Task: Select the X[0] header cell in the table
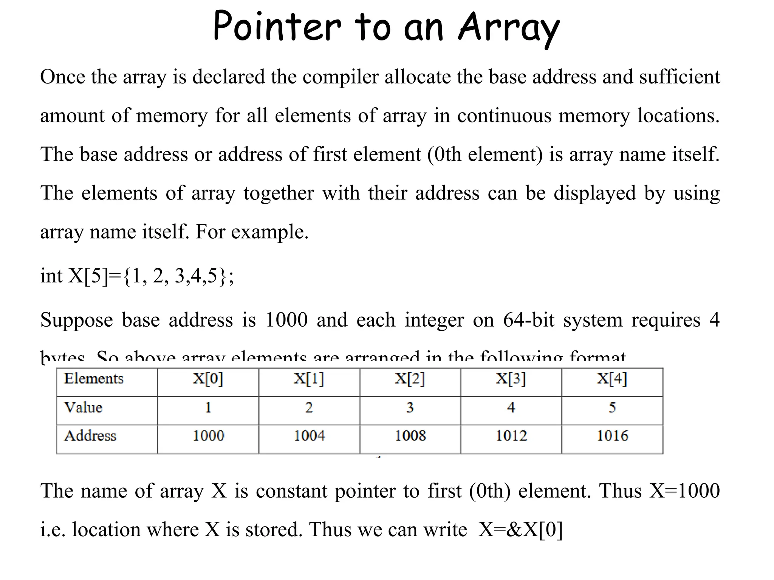pos(208,379)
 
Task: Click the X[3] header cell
pos(511,379)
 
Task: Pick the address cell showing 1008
pos(410,436)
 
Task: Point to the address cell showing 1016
pos(612,436)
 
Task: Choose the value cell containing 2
pos(309,407)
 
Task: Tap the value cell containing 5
pos(612,407)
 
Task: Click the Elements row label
pos(94,379)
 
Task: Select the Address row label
pos(90,436)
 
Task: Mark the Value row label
pos(83,407)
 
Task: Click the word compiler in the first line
pos(341,77)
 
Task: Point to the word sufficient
pos(680,77)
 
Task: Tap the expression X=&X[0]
pos(520,529)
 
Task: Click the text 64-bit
pos(529,320)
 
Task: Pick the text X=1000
pos(684,491)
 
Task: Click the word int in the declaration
pos(51,276)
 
